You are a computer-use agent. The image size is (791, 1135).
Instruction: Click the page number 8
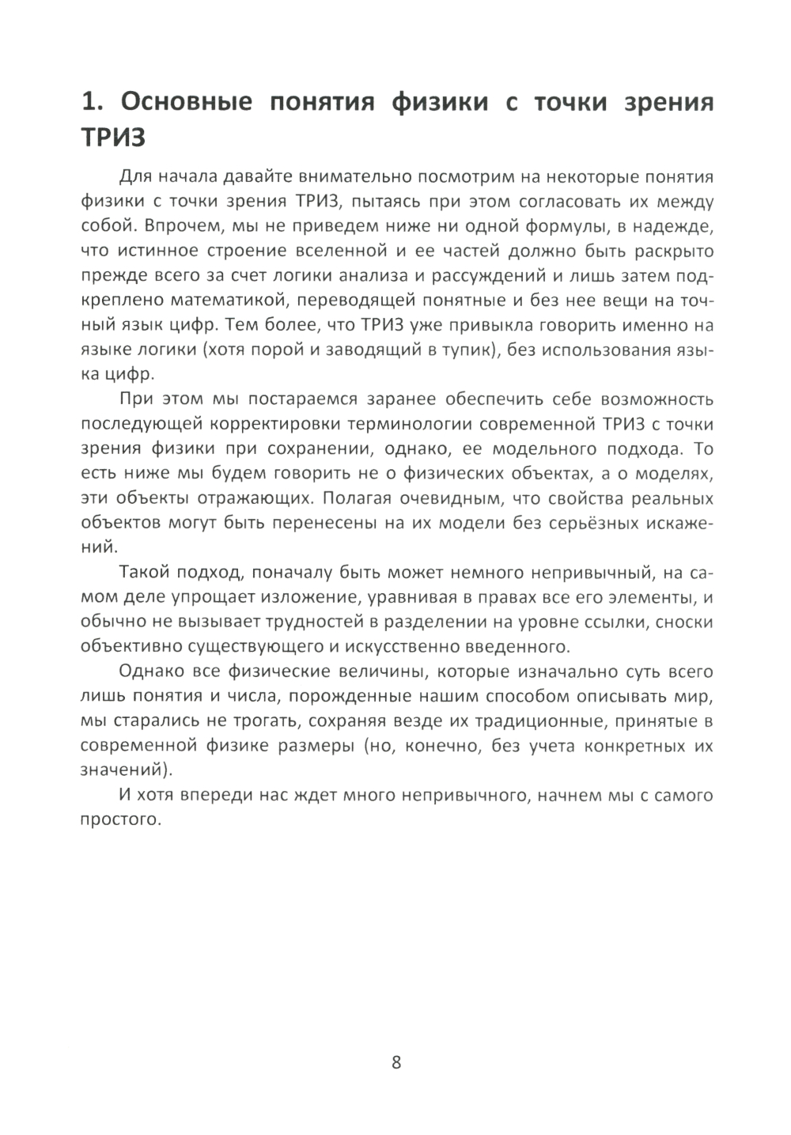pos(396,1061)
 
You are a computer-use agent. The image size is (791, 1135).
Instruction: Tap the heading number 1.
pos(91,103)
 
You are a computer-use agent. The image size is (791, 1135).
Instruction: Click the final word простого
pos(121,820)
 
